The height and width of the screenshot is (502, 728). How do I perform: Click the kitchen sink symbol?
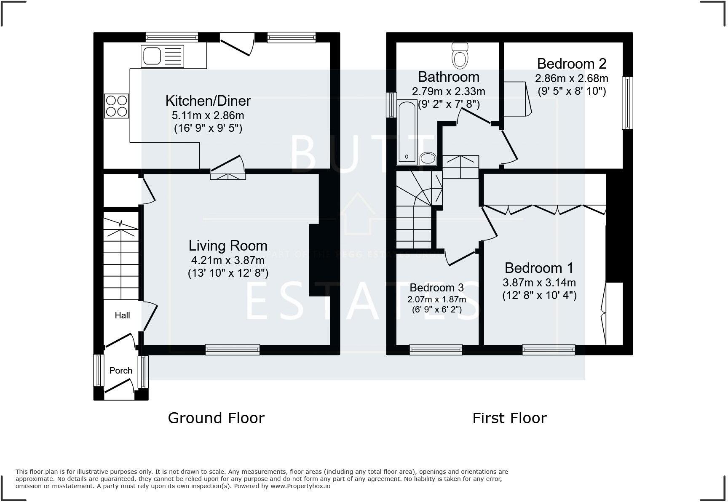pyautogui.click(x=162, y=57)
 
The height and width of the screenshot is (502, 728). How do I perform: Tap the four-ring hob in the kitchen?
pyautogui.click(x=117, y=106)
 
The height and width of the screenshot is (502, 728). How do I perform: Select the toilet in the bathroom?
pyautogui.click(x=460, y=56)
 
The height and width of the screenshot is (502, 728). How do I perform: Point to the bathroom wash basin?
pyautogui.click(x=428, y=159)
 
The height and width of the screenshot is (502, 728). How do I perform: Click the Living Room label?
pyautogui.click(x=227, y=246)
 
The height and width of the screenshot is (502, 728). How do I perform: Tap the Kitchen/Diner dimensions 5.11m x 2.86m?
pyautogui.click(x=208, y=115)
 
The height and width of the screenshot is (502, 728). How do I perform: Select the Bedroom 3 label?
pyautogui.click(x=436, y=288)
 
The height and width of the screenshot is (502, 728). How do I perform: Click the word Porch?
pyautogui.click(x=120, y=371)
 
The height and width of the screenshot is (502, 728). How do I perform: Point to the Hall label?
pyautogui.click(x=122, y=315)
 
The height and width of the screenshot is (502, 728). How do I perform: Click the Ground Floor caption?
pyautogui.click(x=216, y=418)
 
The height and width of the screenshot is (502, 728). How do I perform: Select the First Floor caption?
pyautogui.click(x=509, y=418)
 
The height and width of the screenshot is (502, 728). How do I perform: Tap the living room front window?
pyautogui.click(x=233, y=349)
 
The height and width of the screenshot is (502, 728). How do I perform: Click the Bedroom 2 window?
pyautogui.click(x=628, y=103)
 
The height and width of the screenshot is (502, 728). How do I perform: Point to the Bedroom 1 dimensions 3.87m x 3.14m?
pyautogui.click(x=539, y=283)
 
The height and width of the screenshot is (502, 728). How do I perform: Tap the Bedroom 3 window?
pyautogui.click(x=436, y=349)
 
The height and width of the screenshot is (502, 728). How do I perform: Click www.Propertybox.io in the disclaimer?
pyautogui.click(x=300, y=486)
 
